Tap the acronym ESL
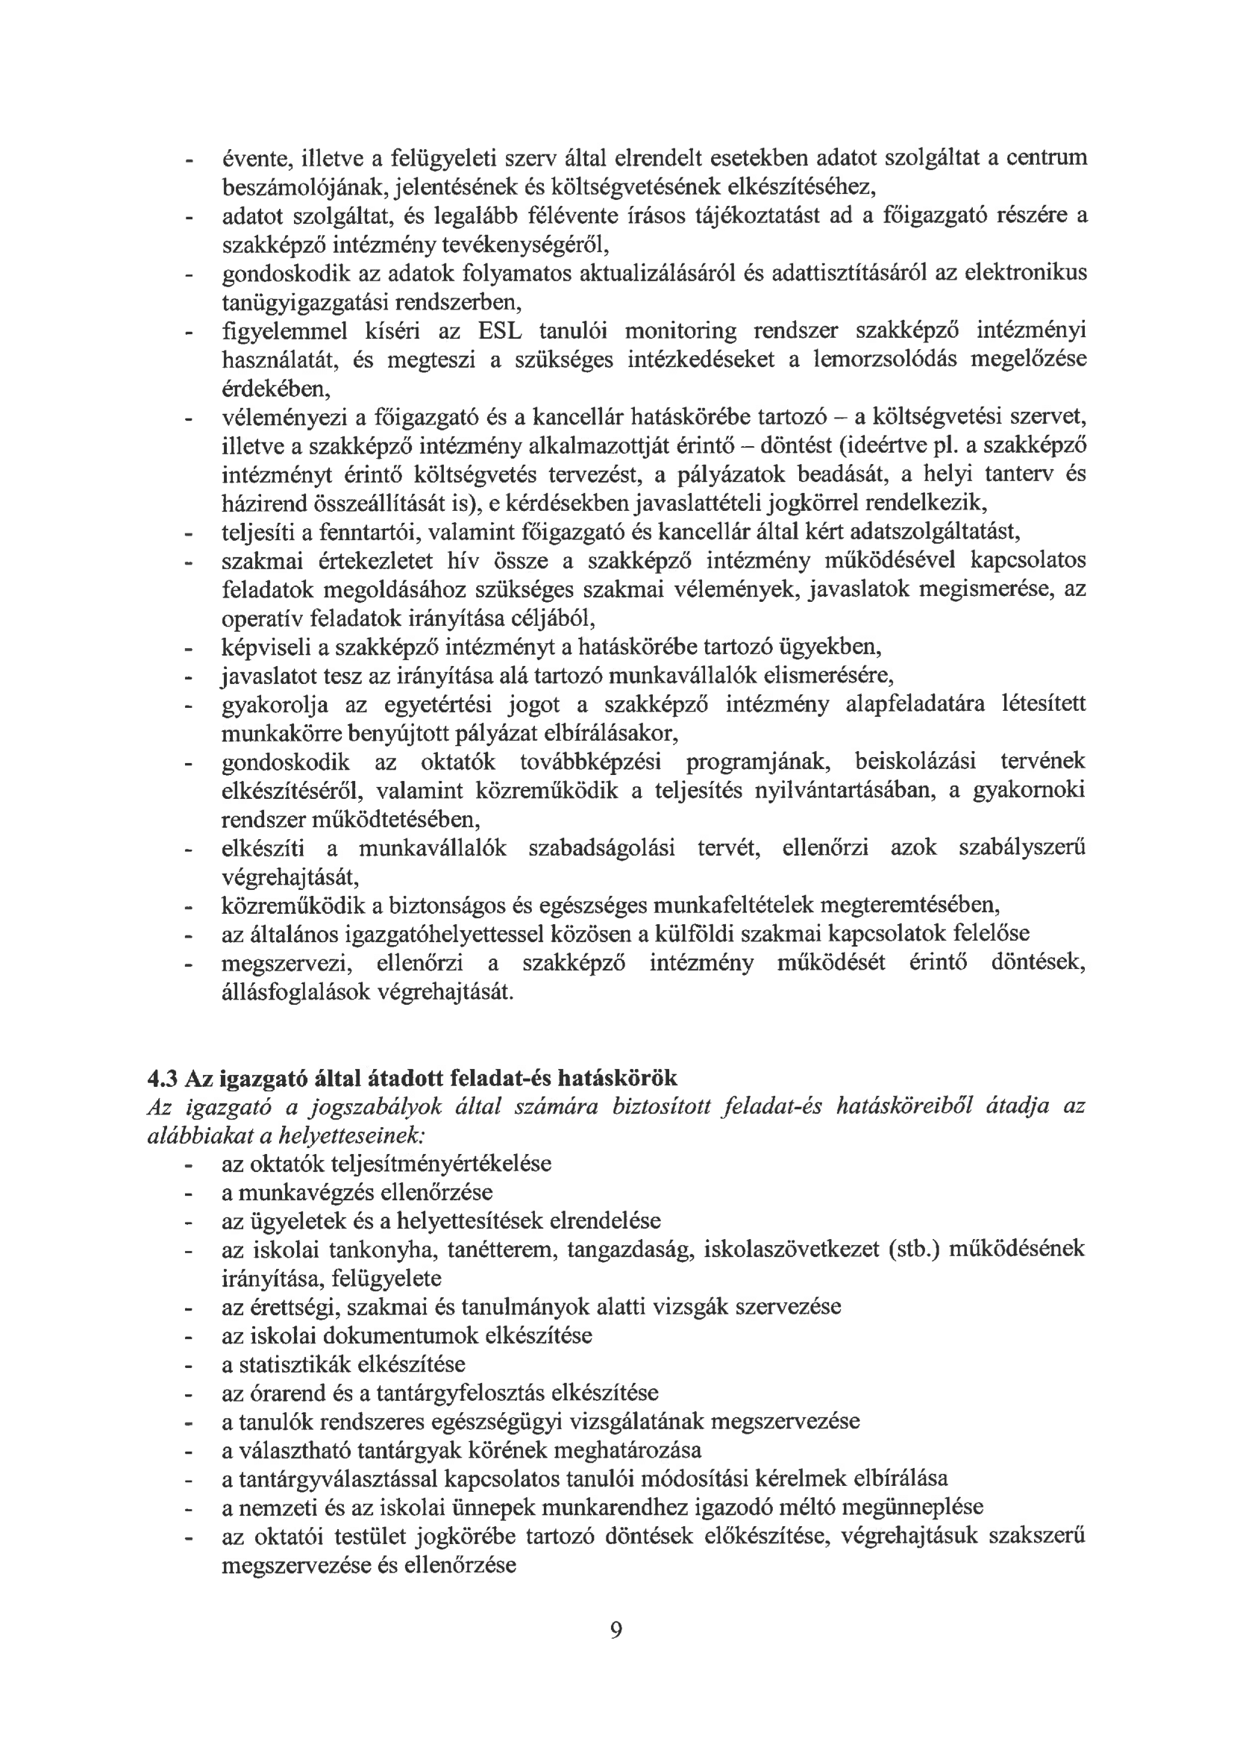pyautogui.click(x=499, y=331)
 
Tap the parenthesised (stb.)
pyautogui.click(x=915, y=1249)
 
